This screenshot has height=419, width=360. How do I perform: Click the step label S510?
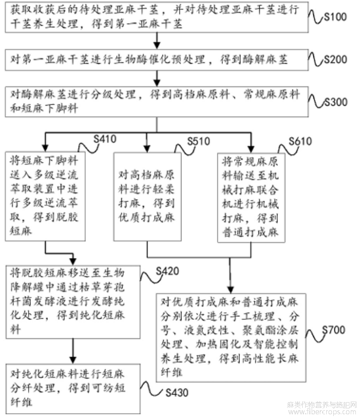(200, 142)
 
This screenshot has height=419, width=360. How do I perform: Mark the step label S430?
(177, 392)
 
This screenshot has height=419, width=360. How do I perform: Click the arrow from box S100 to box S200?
(157, 41)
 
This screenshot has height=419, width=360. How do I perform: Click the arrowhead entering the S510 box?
(146, 147)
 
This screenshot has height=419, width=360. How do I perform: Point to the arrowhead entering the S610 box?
(252, 147)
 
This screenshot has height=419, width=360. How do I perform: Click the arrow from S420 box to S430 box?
(74, 351)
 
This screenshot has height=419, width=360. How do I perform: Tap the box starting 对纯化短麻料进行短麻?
(74, 385)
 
